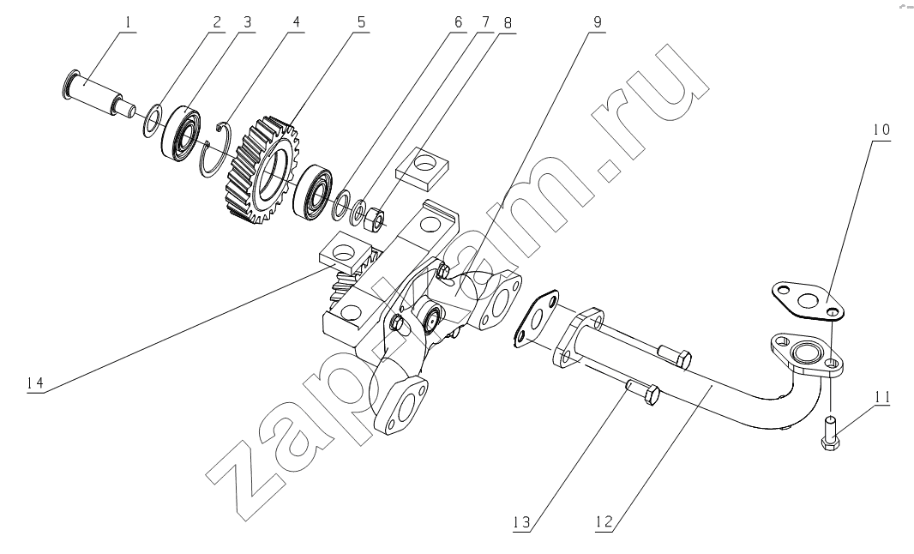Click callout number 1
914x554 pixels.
click(128, 23)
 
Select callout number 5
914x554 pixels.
click(361, 23)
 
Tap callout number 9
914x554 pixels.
click(597, 23)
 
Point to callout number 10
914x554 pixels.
click(881, 129)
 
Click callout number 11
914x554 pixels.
click(882, 398)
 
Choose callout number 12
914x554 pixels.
click(605, 521)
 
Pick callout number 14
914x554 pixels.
click(35, 383)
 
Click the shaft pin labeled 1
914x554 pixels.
click(99, 96)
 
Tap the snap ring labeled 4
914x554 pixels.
click(216, 149)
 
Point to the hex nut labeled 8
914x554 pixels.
click(373, 218)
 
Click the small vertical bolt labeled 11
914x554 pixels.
click(831, 433)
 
